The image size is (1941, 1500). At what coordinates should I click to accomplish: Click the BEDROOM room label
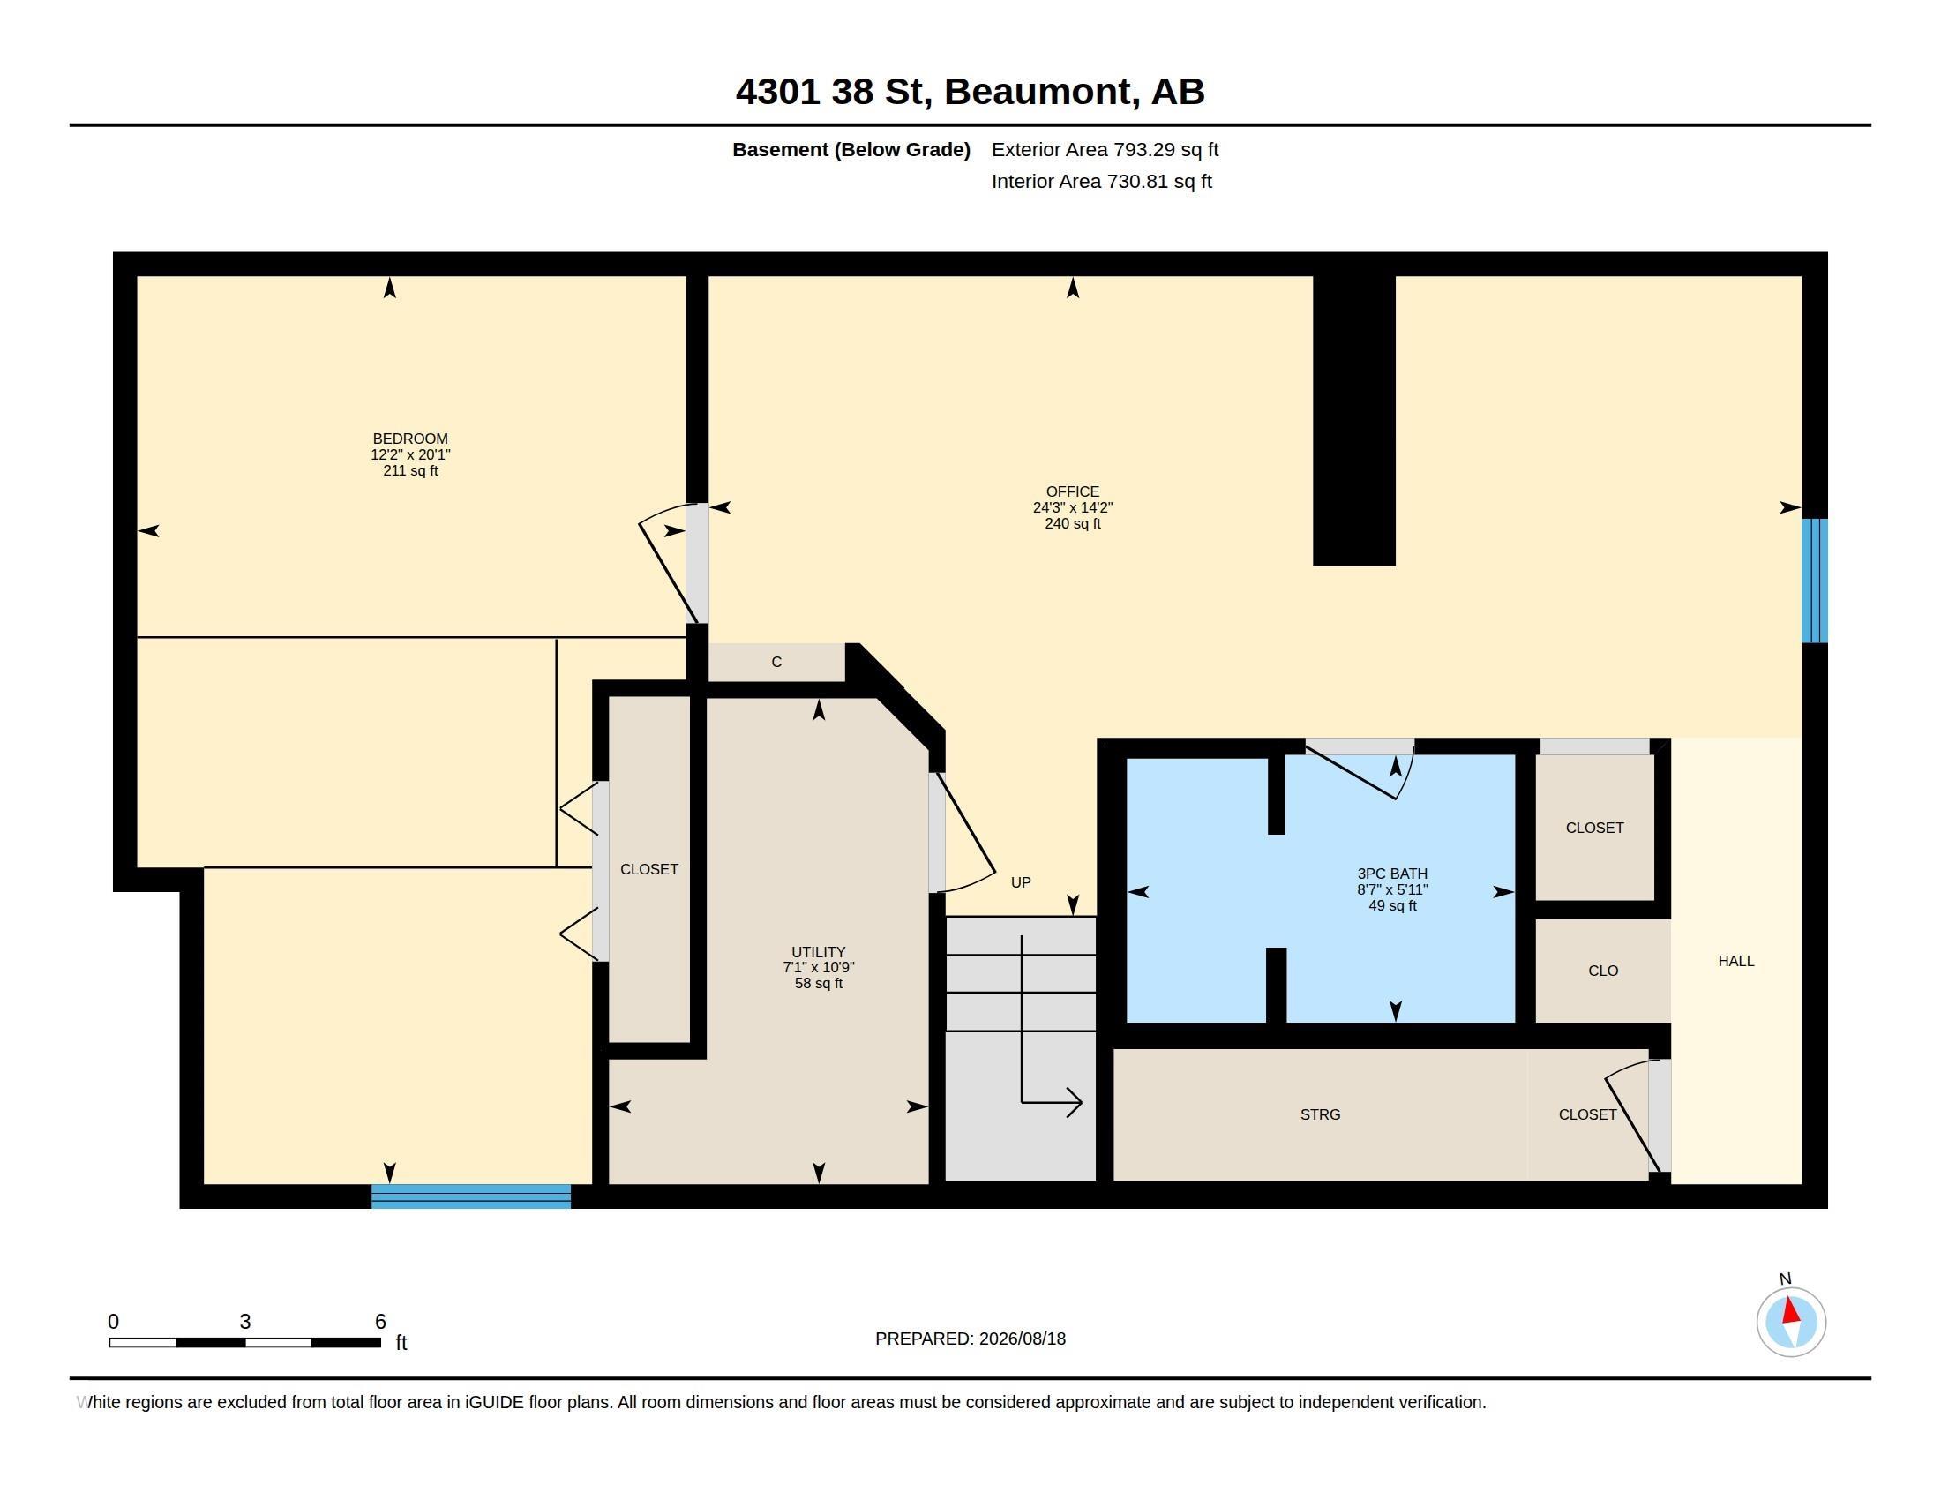click(409, 439)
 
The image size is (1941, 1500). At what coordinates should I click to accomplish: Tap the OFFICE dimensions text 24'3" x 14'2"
click(1073, 507)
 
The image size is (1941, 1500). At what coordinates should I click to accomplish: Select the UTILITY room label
click(819, 952)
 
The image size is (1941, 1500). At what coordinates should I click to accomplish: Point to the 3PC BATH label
click(1392, 874)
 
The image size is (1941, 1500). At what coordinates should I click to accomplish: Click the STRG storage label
click(1321, 1114)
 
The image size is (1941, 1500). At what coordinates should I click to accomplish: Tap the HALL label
click(1736, 961)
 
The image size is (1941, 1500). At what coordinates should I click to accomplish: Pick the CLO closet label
click(1603, 971)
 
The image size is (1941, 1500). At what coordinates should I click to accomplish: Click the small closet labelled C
click(776, 662)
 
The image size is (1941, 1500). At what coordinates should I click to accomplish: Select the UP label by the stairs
click(1021, 882)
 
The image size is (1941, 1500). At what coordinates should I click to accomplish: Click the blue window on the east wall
click(1815, 581)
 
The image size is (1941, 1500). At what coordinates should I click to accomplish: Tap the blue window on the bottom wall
click(471, 1196)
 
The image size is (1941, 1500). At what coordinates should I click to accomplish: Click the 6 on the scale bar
click(380, 1322)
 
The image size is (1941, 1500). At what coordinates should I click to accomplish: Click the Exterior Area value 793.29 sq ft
click(1166, 150)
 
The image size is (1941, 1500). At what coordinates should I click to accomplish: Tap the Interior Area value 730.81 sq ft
click(1159, 181)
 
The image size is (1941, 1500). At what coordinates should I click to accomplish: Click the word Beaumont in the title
click(1042, 92)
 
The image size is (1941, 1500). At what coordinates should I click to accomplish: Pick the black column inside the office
click(1354, 419)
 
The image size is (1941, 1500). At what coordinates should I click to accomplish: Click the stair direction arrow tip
click(1082, 1103)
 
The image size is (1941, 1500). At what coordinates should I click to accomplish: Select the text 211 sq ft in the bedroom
click(410, 470)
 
